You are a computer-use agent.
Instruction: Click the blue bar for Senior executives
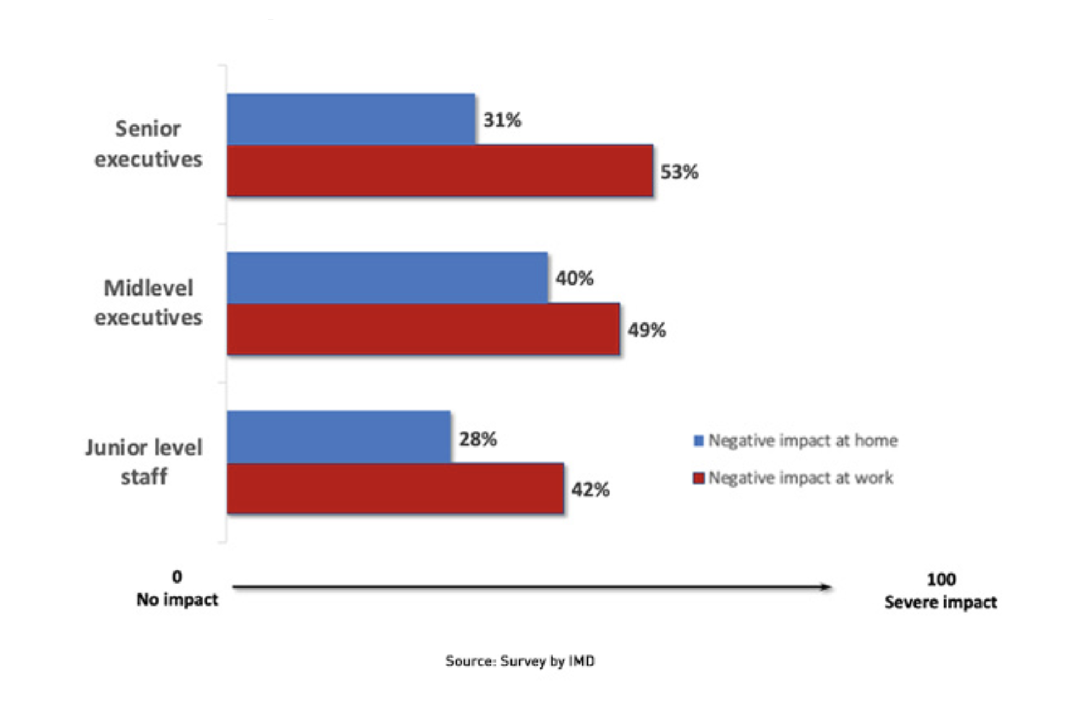351,120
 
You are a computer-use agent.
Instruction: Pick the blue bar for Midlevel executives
388,278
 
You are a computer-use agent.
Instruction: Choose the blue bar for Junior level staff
339,437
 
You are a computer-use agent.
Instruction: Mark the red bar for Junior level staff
396,489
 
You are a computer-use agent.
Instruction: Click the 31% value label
502,120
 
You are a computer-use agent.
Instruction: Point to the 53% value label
679,172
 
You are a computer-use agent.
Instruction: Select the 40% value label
575,279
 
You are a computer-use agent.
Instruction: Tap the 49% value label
647,330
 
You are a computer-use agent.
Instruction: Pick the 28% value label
478,439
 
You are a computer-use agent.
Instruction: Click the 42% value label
591,490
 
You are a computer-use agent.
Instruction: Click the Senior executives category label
148,144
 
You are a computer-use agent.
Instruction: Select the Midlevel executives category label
148,302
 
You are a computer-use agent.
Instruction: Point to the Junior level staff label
144,462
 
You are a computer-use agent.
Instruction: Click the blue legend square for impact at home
699,440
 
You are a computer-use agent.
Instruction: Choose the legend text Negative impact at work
801,478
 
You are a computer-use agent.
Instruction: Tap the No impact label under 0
177,599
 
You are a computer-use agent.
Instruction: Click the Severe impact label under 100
940,602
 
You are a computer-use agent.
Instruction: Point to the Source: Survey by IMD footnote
520,661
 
